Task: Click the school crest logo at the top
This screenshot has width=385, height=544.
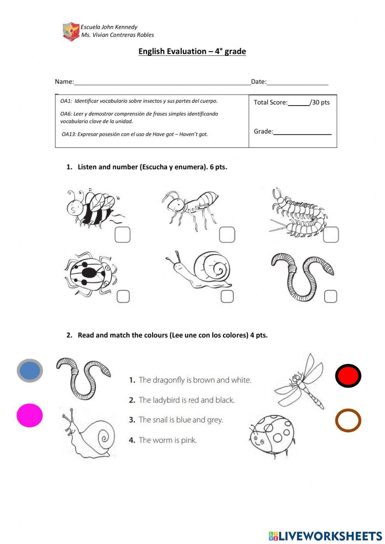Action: tap(71, 31)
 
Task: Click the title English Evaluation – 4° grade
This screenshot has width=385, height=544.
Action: tap(192, 52)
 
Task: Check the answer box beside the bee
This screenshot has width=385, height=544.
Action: tap(122, 235)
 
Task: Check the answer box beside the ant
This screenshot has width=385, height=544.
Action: tap(227, 234)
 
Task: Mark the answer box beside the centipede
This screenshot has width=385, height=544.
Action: tap(331, 234)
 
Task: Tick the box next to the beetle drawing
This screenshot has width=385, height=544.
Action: tap(123, 296)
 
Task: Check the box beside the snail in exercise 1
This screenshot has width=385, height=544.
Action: tap(227, 296)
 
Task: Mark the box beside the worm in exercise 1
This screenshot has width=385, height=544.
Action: tap(331, 296)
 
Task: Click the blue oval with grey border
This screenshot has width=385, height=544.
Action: tap(30, 371)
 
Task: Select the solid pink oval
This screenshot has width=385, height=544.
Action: tap(30, 415)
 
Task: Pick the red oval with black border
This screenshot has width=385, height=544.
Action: tap(348, 376)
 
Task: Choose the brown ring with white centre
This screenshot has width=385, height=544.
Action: tap(348, 420)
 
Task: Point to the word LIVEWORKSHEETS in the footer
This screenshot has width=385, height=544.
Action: tap(330, 536)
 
